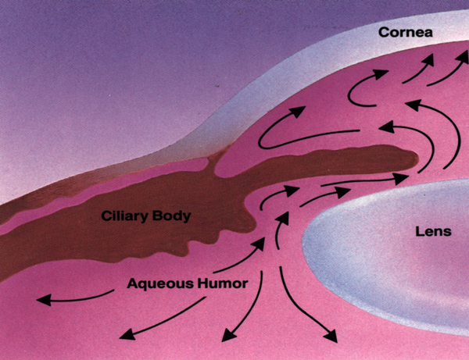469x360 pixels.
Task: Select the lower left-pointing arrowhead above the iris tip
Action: click(x=384, y=126)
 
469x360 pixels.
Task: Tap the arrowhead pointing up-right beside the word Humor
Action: click(x=258, y=241)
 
